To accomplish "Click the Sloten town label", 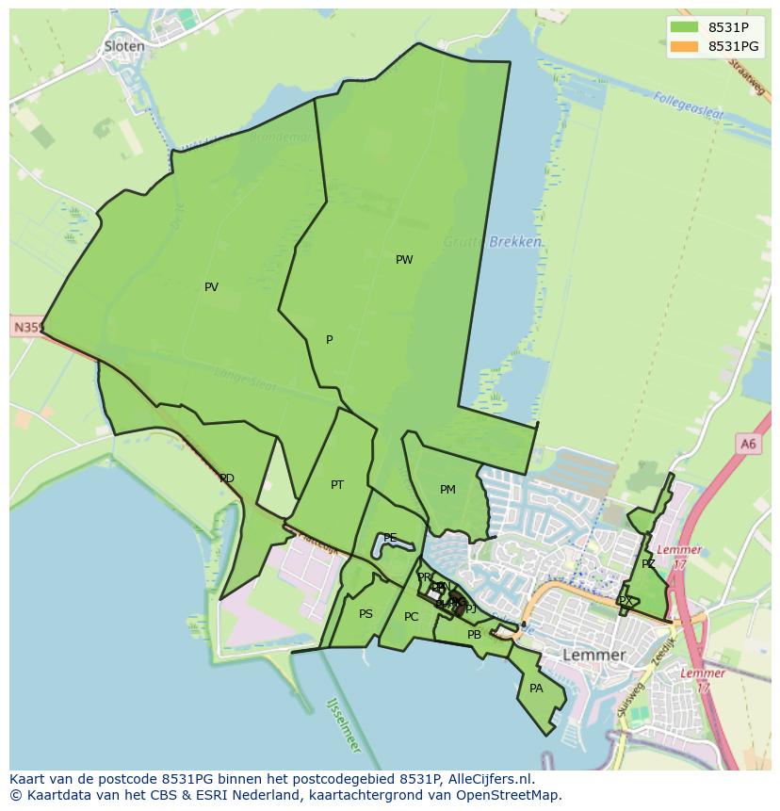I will click(x=124, y=45).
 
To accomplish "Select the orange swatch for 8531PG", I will click(x=685, y=46).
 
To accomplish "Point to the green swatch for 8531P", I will click(x=685, y=26).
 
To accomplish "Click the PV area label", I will click(x=211, y=287).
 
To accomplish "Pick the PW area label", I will click(x=404, y=260).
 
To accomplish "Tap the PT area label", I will click(x=337, y=485).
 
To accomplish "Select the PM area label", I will click(x=447, y=490).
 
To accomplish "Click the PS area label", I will click(x=366, y=614).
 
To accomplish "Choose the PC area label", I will click(x=411, y=617).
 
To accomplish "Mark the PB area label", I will click(x=474, y=635).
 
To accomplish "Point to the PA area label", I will click(x=536, y=689).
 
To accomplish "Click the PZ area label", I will click(x=648, y=564).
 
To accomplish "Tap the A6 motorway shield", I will click(x=748, y=444).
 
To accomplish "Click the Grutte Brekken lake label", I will click(x=494, y=242).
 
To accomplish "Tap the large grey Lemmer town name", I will click(x=593, y=655).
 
